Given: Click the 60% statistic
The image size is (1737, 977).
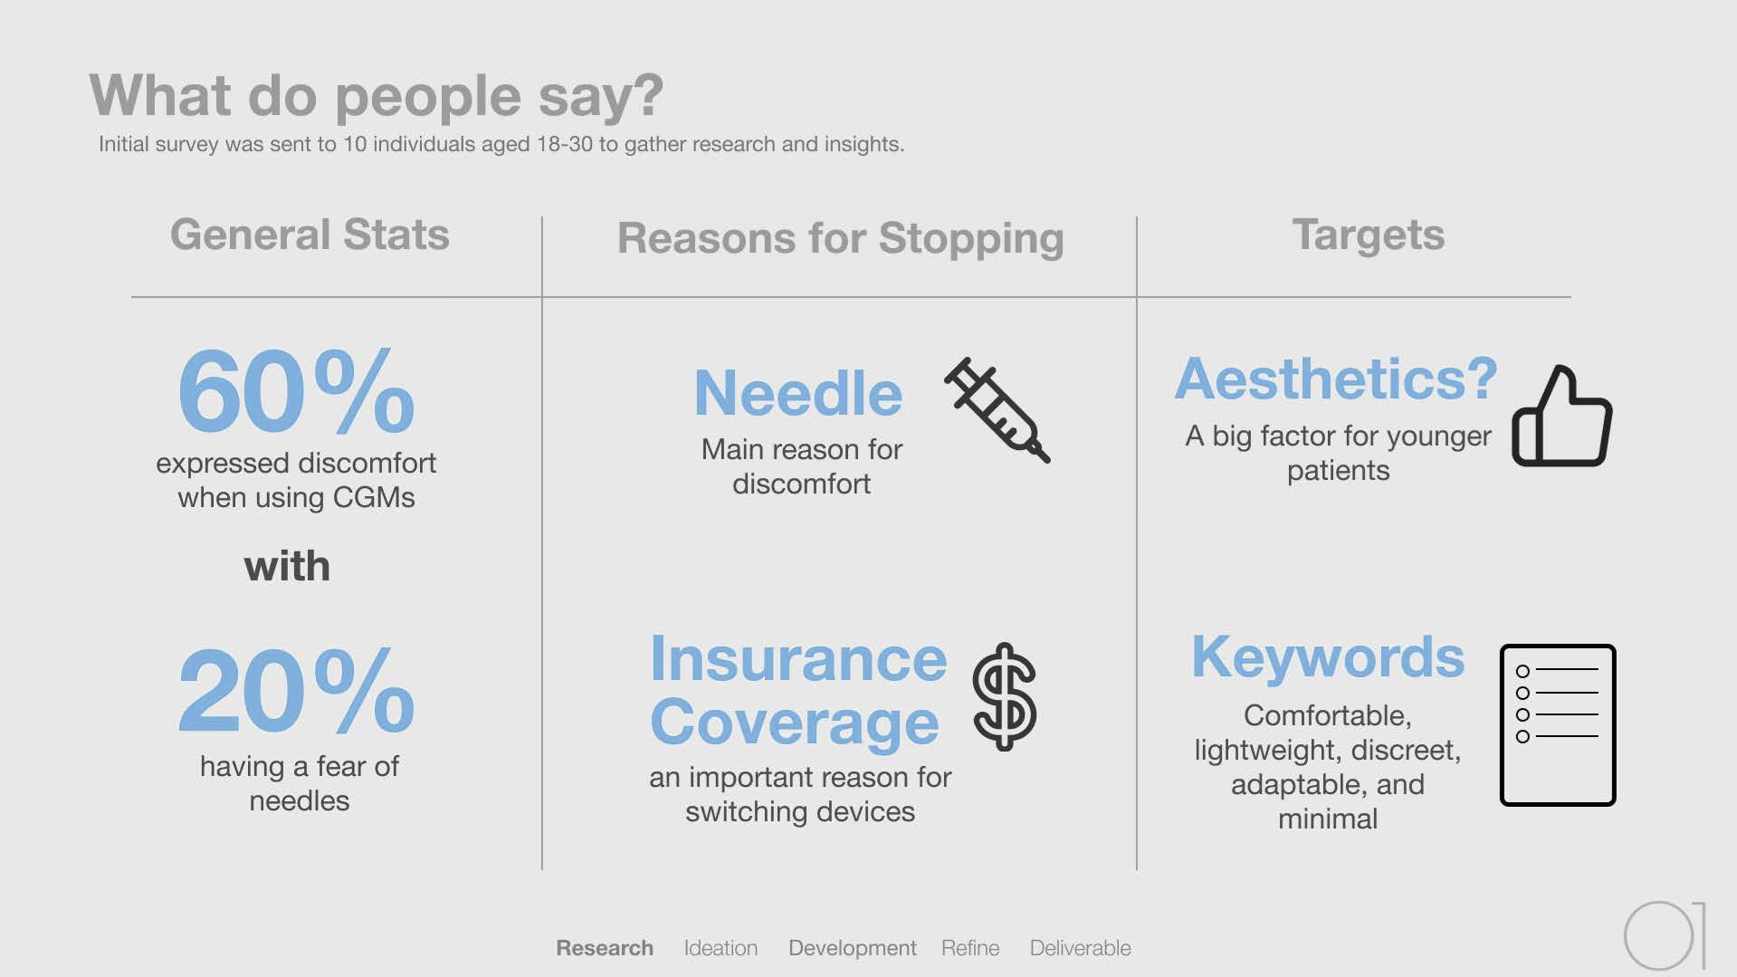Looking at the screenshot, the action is point(296,390).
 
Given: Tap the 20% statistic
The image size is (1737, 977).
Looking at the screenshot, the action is point(296,691).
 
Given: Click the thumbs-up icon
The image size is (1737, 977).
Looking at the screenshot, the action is point(1562,417).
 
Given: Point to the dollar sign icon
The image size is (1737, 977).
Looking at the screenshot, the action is point(1005,696).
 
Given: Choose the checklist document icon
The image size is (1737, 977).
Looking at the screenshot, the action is point(1558,725).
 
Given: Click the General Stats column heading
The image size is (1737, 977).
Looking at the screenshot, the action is point(310,235).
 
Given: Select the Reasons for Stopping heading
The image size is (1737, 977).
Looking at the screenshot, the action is point(840,239).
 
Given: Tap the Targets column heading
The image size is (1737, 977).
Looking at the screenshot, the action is point(1368,235).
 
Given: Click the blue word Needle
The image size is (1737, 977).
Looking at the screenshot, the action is point(798,393).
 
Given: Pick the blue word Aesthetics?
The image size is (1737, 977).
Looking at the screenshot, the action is point(1336,378).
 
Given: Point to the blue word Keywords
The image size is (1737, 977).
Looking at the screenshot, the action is point(1328,656).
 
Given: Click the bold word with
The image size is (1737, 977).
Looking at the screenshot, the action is point(287,566).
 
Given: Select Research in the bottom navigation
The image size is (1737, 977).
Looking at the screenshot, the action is point(605,948).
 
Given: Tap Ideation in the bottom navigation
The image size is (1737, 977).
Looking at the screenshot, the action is point(721,948).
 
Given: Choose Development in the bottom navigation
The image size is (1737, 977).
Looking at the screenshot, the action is point(853,948).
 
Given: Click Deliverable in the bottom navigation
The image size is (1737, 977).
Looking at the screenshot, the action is point(1081,948).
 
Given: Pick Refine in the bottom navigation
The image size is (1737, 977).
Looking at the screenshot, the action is point(970,948).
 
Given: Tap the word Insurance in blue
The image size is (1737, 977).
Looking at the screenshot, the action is point(798,658).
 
